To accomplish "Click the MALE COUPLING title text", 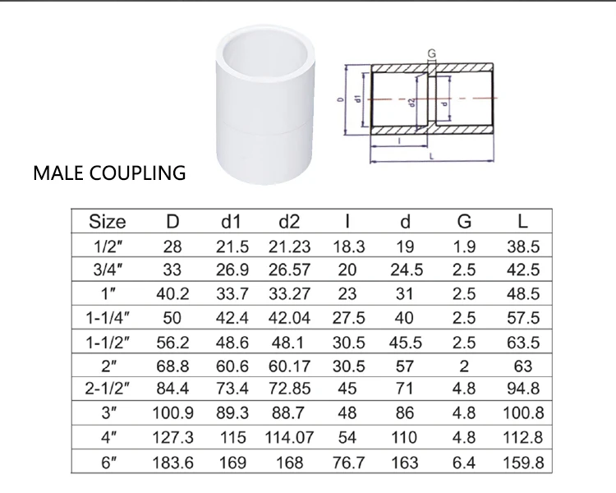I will click(109, 173).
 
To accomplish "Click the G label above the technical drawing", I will click(431, 53).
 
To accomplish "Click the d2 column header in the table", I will click(289, 221).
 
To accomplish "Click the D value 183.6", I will click(173, 463).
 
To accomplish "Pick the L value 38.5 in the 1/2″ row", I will click(522, 246).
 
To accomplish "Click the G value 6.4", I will click(464, 463).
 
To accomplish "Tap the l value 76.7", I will click(348, 463).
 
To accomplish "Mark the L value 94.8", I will click(522, 390).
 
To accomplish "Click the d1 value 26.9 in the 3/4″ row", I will click(232, 270).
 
